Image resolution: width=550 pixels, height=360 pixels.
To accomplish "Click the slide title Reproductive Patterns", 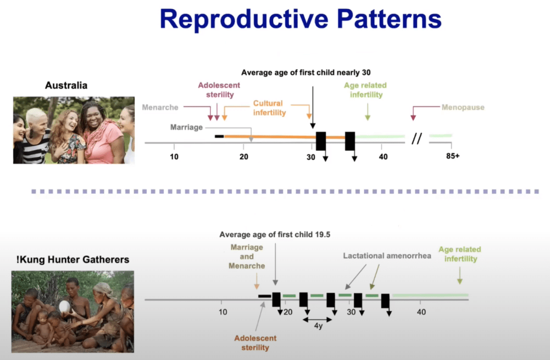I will (x=301, y=19).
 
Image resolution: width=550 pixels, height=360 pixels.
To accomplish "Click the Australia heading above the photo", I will (x=66, y=86).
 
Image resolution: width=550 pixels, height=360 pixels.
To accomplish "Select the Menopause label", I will (x=462, y=107).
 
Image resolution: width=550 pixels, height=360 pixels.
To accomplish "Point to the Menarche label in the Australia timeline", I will (x=160, y=107).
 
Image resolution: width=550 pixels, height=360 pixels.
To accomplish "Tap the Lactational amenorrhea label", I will (x=387, y=256).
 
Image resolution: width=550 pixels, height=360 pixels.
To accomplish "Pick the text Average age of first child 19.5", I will (x=274, y=234).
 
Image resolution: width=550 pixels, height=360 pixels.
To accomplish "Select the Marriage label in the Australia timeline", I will (x=186, y=128).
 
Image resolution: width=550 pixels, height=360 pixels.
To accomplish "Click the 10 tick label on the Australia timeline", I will (x=174, y=157).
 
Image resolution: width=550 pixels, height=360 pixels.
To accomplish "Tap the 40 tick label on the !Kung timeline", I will (x=422, y=312).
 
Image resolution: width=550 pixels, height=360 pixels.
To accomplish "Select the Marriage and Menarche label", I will (x=247, y=256).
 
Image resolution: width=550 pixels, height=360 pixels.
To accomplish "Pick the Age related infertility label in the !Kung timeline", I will (x=460, y=254).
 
